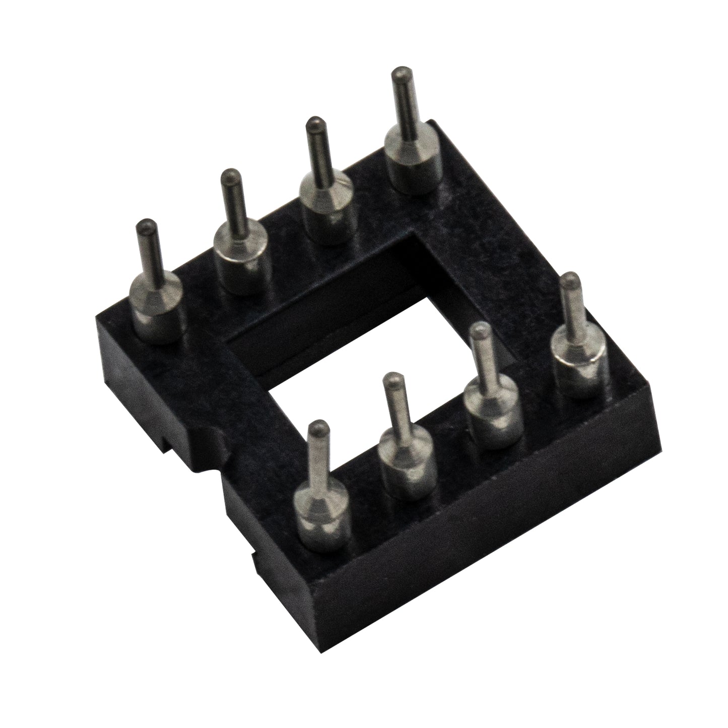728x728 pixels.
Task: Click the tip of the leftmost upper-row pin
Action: [x=147, y=225]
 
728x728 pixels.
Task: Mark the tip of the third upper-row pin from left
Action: [x=315, y=123]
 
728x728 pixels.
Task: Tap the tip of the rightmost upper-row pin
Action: [x=400, y=73]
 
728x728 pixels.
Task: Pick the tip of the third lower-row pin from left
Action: [x=482, y=330]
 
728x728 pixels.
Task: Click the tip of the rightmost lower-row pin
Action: [x=569, y=279]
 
